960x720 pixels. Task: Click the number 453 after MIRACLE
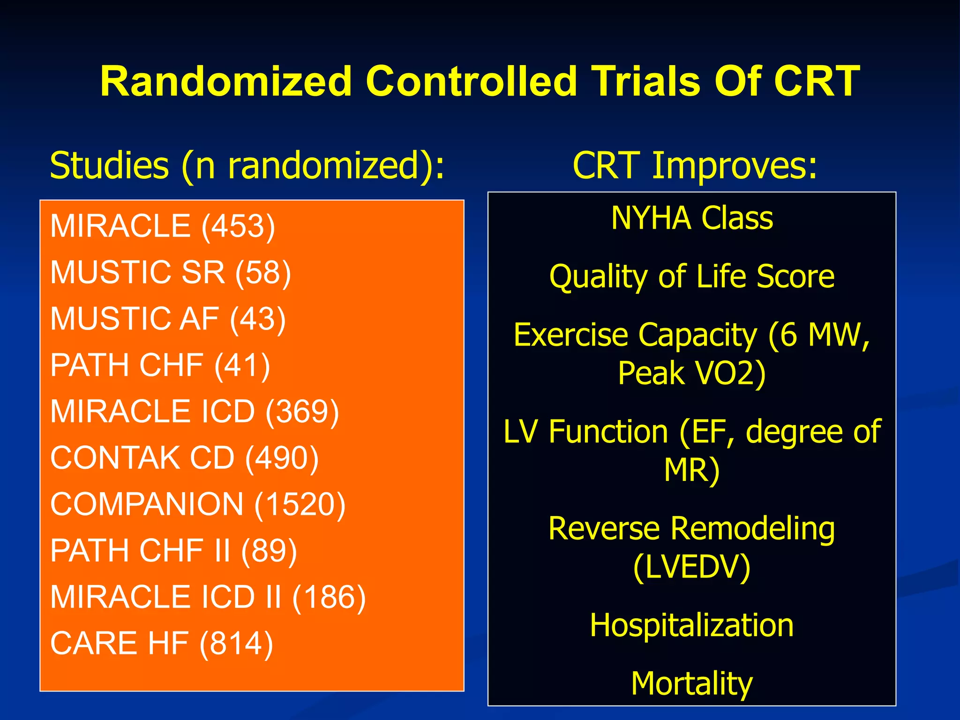[x=238, y=226]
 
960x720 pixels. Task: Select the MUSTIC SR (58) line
[x=171, y=272]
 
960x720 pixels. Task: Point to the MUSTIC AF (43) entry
[x=168, y=319]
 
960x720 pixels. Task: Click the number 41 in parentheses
[x=242, y=365]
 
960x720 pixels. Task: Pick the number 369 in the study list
[x=302, y=412]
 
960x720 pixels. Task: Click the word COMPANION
[x=147, y=504]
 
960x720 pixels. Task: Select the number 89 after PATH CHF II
[x=269, y=551]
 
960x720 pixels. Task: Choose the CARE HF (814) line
[x=161, y=644]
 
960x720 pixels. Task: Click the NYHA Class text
[x=692, y=218]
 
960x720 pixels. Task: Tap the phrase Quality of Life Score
[x=692, y=277]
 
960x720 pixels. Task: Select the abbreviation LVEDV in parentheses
[x=692, y=567]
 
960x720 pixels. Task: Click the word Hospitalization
[x=692, y=625]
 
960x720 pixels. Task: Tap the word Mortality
[x=692, y=683]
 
